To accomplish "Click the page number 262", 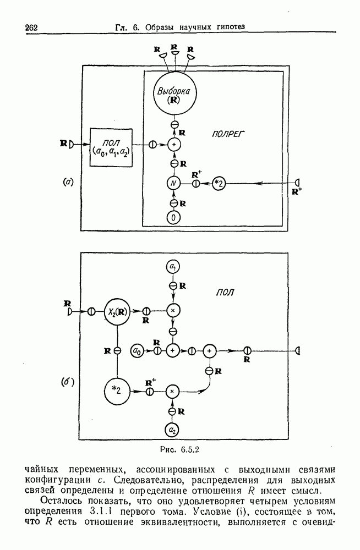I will pyautogui.click(x=34, y=28).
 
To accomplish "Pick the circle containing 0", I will pyautogui.click(x=174, y=217).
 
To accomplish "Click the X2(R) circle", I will pyautogui.click(x=116, y=311).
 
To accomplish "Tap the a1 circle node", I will pyautogui.click(x=173, y=267).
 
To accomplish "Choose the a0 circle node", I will pyautogui.click(x=136, y=350).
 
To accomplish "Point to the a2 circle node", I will pyautogui.click(x=173, y=430).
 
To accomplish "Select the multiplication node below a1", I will pyautogui.click(x=173, y=311).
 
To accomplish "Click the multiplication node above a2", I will pyautogui.click(x=173, y=391).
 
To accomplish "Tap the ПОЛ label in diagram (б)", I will pyautogui.click(x=225, y=292).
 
